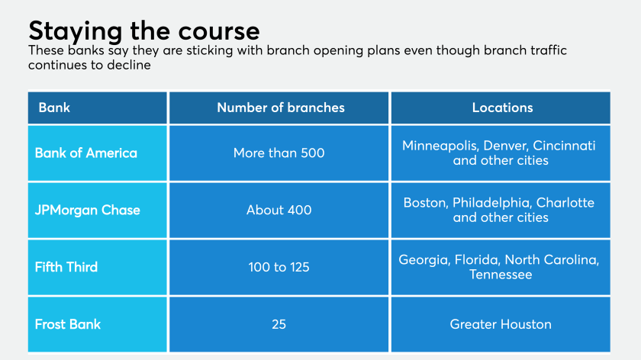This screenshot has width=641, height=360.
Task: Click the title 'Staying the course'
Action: click(x=144, y=31)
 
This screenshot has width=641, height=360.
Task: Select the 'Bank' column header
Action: click(x=54, y=108)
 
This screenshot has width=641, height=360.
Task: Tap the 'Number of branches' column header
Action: click(x=281, y=108)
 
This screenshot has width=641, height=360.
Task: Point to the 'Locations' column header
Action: click(x=502, y=108)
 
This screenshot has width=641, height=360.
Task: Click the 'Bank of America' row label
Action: click(x=85, y=153)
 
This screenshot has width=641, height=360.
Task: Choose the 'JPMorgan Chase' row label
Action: click(x=88, y=210)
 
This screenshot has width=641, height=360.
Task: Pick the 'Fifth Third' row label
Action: click(x=66, y=267)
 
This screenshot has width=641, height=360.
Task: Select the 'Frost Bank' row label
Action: click(x=67, y=324)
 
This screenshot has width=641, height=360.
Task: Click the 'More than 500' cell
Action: click(x=279, y=153)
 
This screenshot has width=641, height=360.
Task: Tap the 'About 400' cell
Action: click(x=279, y=210)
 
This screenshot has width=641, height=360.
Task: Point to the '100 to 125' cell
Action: click(x=279, y=267)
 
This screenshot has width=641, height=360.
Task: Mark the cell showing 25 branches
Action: click(x=279, y=324)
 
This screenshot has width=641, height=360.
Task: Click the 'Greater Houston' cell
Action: click(x=501, y=324)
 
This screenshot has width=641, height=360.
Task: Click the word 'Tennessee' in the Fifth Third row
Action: click(x=501, y=274)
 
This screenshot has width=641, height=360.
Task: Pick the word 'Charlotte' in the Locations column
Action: click(x=565, y=203)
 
